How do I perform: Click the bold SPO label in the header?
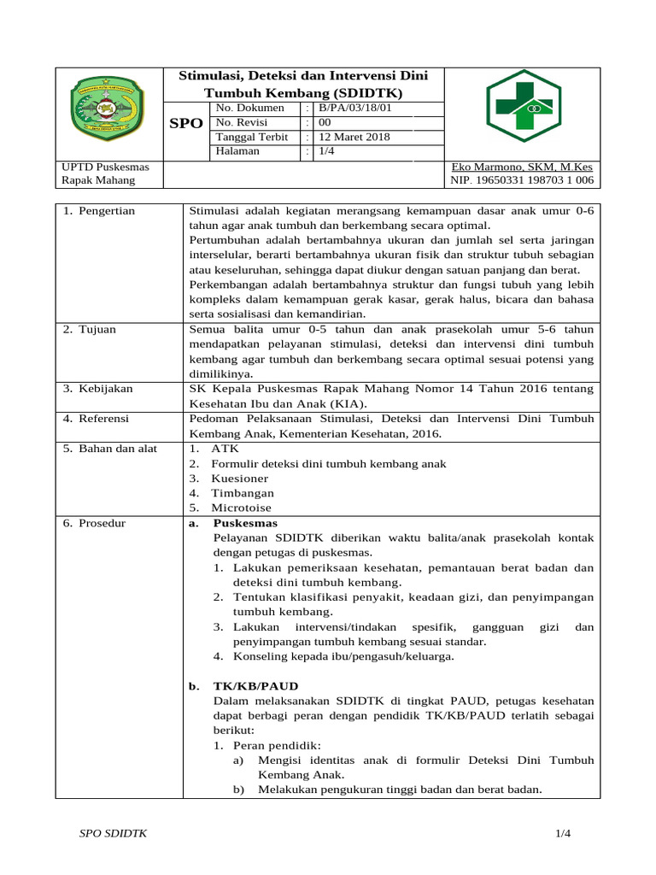(186, 123)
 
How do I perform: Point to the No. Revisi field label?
(241, 122)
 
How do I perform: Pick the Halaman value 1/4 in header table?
(327, 151)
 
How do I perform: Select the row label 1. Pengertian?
(99, 211)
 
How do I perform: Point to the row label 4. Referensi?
(97, 419)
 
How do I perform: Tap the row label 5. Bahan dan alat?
(110, 449)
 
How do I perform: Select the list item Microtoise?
(241, 508)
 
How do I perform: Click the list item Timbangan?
(243, 493)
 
